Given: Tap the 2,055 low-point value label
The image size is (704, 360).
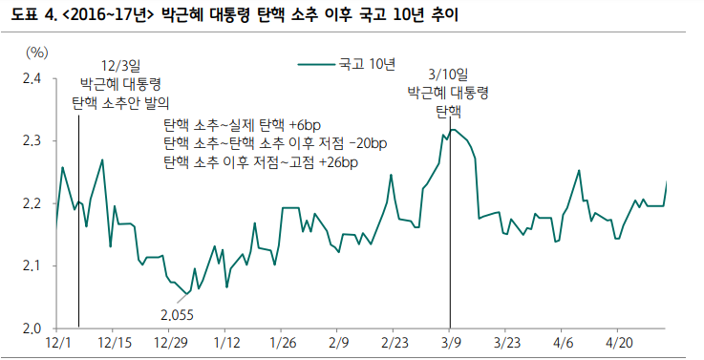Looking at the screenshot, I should [177, 312].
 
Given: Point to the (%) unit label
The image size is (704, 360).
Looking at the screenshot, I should [37, 53].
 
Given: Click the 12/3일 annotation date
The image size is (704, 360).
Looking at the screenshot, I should [120, 65].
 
